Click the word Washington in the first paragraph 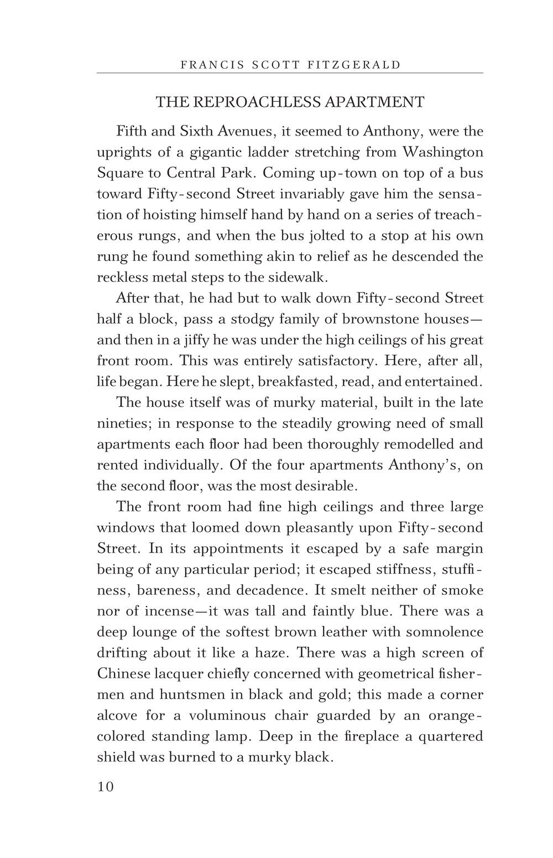point(442,152)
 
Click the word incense point(160,611)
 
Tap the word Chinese point(124,674)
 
